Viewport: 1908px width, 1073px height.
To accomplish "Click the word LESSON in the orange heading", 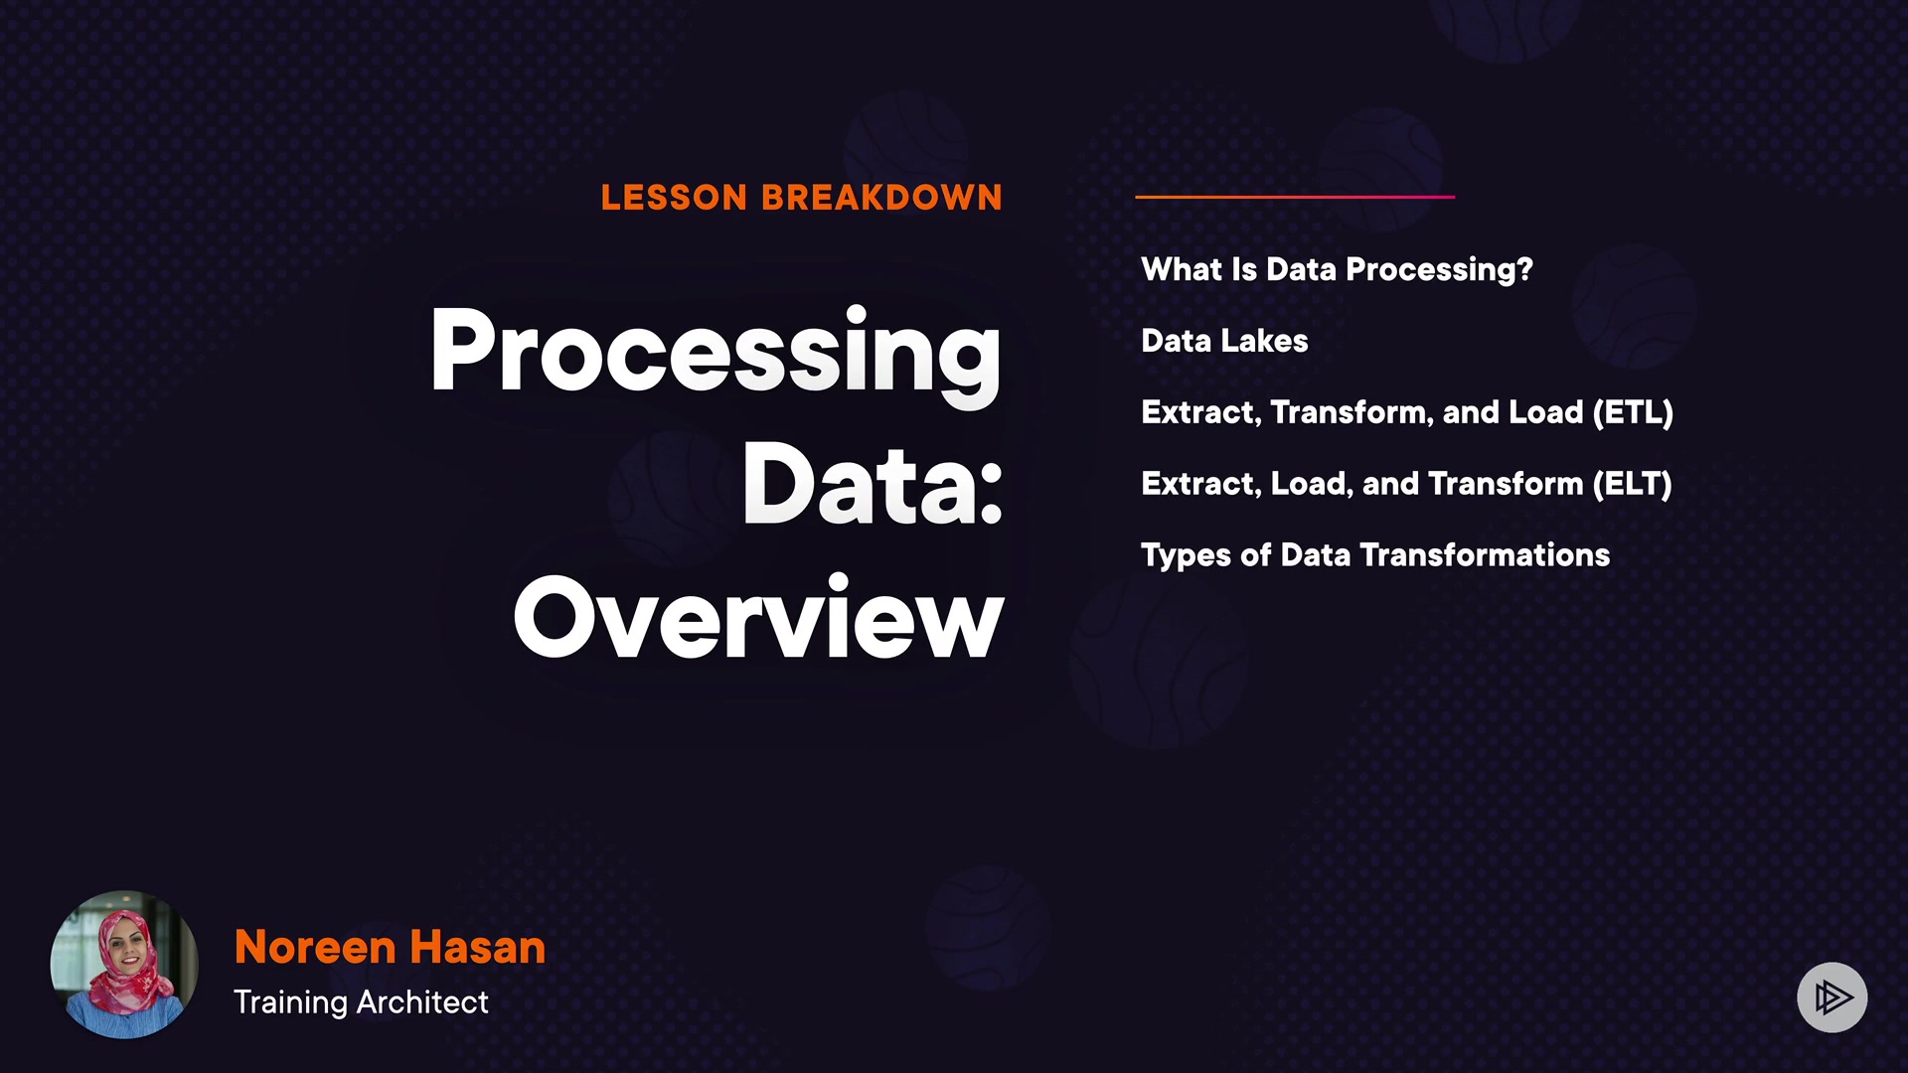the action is tap(674, 198).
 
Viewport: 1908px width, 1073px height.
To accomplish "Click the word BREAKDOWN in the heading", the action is tap(882, 198).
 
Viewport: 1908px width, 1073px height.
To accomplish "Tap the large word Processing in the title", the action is tap(715, 355).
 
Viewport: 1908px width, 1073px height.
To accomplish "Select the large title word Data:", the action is tap(873, 484).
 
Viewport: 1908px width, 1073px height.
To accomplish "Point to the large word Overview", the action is tap(758, 617).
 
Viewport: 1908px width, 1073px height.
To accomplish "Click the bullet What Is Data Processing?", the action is tap(1337, 270).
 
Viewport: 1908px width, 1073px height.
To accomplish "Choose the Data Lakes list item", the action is tap(1224, 341).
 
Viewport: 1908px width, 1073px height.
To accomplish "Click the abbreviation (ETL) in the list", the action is tap(1633, 412).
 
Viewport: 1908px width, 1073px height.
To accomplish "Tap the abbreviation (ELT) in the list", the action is tap(1633, 484).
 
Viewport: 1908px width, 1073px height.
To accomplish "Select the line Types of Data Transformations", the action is tap(1375, 555).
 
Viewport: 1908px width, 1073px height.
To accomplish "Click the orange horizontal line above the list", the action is tap(1295, 197).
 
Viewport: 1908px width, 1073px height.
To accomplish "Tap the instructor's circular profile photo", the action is tap(124, 965).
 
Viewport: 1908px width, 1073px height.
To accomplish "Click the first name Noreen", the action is tap(315, 947).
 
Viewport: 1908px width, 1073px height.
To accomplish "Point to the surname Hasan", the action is tap(478, 947).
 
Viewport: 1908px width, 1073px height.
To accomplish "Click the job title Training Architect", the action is tap(361, 1002).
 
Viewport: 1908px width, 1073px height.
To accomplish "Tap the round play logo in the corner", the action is tap(1832, 997).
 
